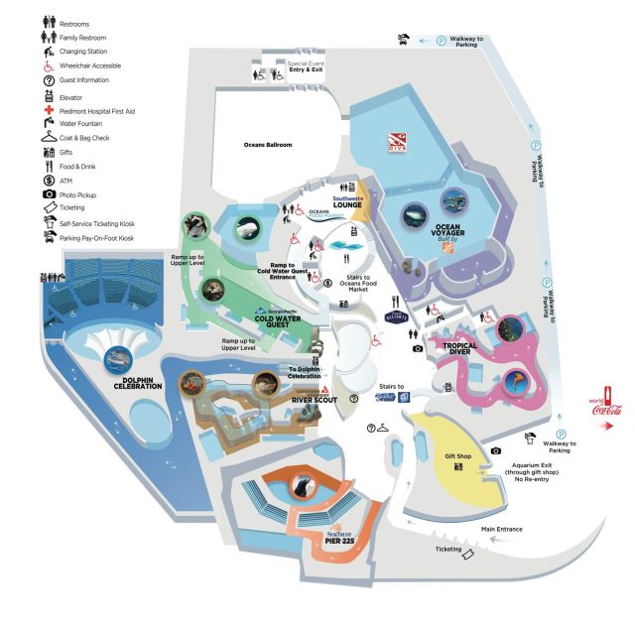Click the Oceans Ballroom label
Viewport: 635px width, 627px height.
268,145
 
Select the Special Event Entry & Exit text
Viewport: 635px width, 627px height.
306,68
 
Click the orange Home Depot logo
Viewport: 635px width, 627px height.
446,270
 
